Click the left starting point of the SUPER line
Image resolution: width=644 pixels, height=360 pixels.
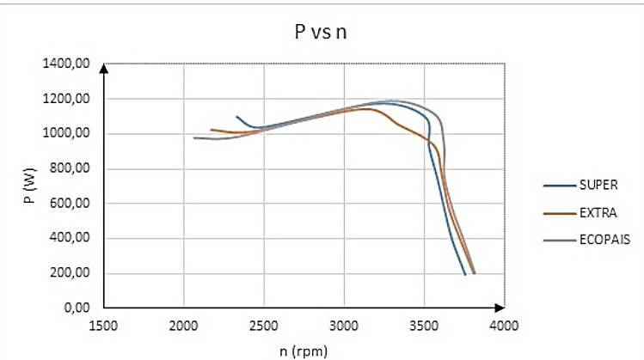pyautogui.click(x=236, y=116)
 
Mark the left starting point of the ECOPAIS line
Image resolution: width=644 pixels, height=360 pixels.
pyautogui.click(x=194, y=137)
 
